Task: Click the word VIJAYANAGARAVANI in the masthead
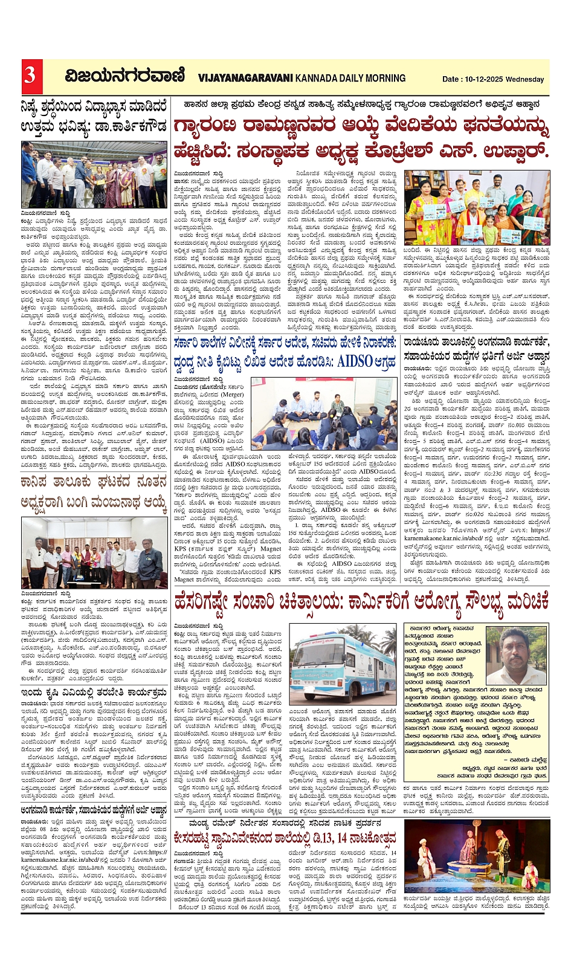click(245, 78)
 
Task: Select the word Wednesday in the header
click(525, 79)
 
